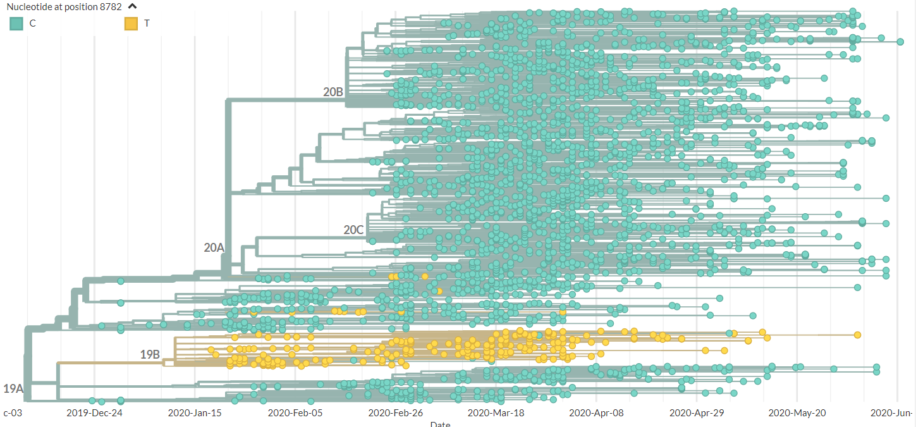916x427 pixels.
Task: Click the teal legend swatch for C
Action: (16, 24)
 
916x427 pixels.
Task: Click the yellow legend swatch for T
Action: (131, 24)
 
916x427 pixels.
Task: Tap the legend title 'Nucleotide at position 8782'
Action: (64, 7)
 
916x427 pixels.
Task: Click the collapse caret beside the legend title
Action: (133, 7)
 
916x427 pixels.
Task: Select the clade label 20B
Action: (333, 92)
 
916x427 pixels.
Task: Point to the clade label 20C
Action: (353, 230)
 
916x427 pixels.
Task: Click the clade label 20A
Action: (214, 247)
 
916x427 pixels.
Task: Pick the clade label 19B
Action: (150, 354)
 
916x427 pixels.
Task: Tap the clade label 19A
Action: (13, 388)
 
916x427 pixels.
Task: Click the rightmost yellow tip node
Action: (858, 335)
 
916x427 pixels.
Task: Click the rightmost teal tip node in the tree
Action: (900, 42)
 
